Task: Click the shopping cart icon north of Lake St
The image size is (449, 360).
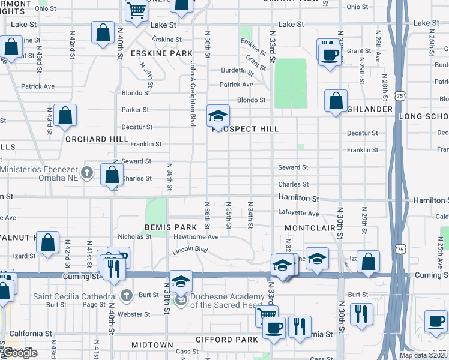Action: click(x=137, y=10)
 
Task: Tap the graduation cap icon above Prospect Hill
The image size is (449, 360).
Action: click(x=218, y=115)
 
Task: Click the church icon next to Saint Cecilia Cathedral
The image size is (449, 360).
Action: click(x=125, y=296)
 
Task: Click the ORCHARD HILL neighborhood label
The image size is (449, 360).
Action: click(x=97, y=139)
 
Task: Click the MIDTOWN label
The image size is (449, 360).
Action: click(x=152, y=346)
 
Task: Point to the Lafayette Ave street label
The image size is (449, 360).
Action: click(x=298, y=213)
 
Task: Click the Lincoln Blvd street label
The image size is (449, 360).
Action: click(x=190, y=250)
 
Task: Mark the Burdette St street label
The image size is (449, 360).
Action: click(x=238, y=70)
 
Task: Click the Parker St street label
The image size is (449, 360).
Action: click(x=135, y=110)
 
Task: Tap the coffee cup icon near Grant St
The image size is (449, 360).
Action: click(x=329, y=56)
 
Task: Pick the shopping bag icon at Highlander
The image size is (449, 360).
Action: click(x=336, y=100)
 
